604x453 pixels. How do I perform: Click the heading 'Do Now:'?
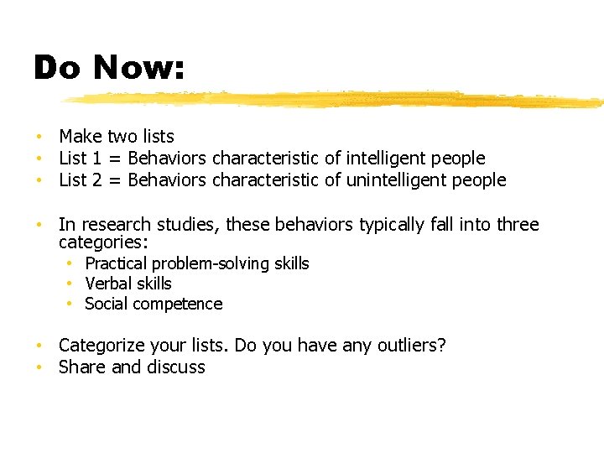[109, 68]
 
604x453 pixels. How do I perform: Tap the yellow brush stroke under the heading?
[336, 99]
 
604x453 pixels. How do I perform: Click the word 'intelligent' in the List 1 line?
[389, 158]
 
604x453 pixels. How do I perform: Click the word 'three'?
[517, 225]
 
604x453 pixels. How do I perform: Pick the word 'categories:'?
[103, 243]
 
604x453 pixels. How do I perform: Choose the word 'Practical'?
[117, 264]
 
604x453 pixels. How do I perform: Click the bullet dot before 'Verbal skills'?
[73, 284]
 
